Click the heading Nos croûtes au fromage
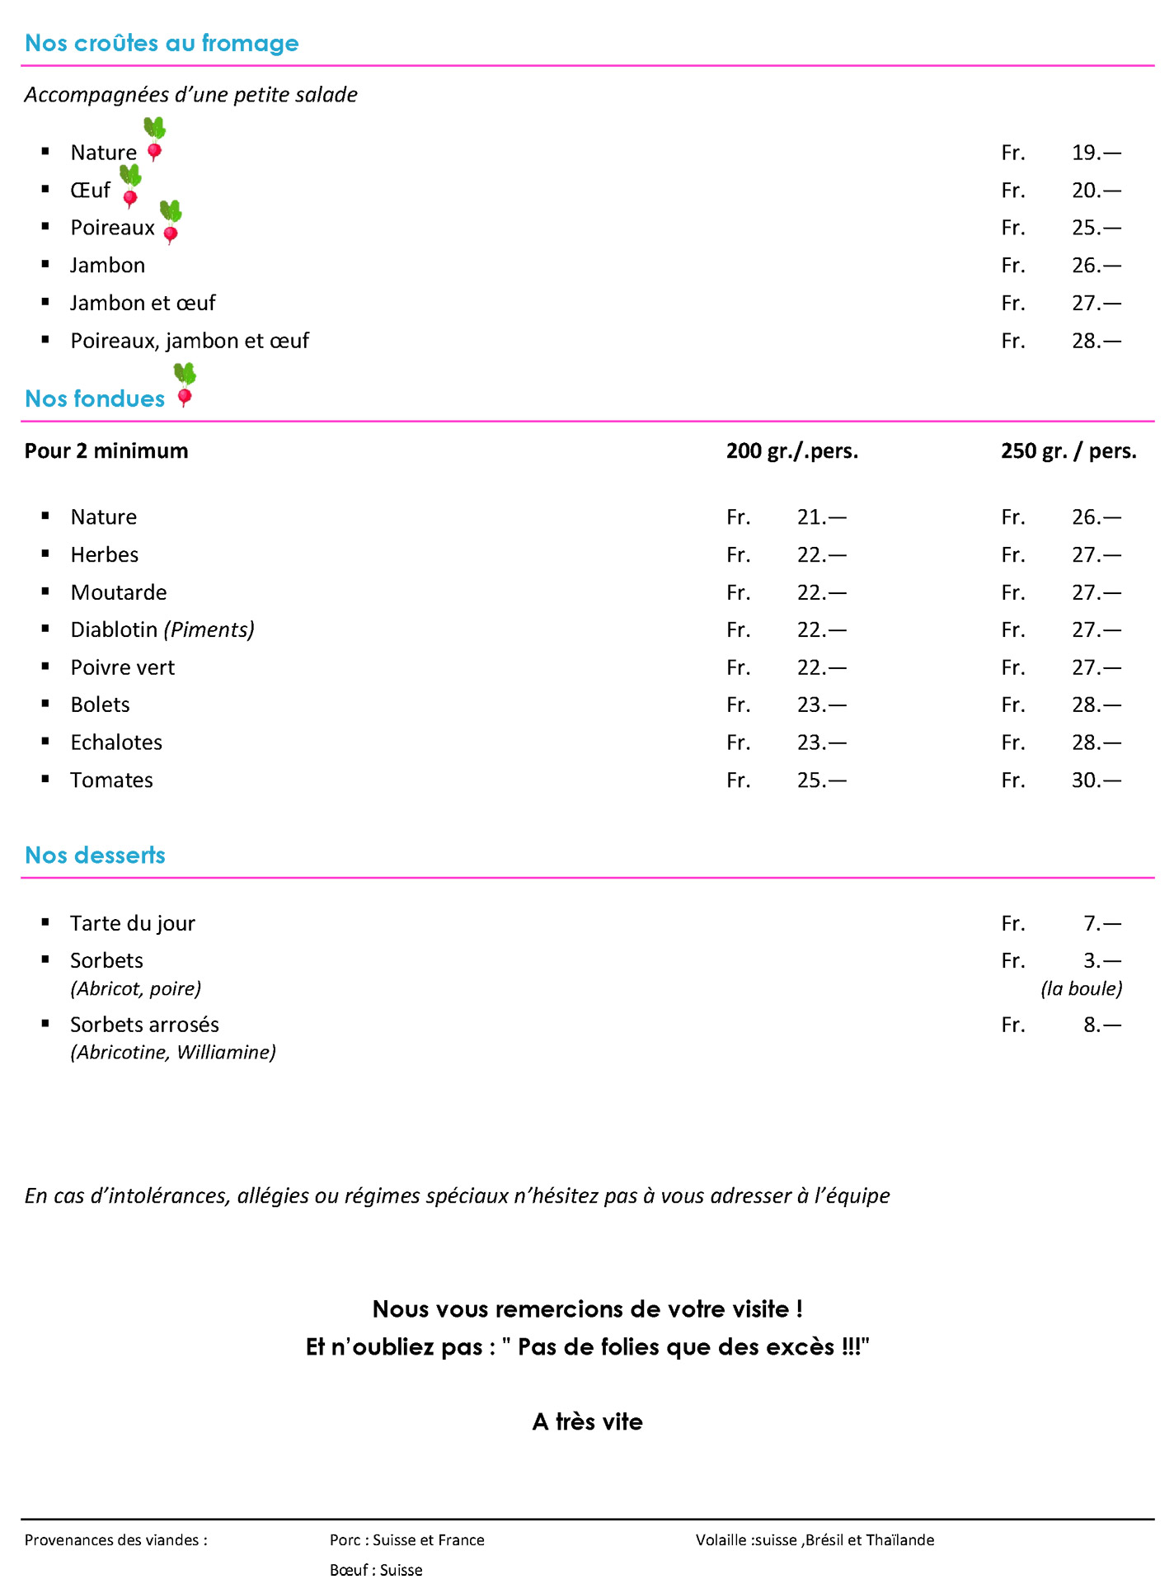tap(162, 43)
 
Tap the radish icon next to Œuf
tap(130, 186)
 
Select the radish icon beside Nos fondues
tap(185, 385)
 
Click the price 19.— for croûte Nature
tap(1096, 153)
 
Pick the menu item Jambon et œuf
tap(143, 303)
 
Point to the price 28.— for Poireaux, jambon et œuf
tap(1096, 341)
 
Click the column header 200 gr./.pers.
tap(791, 451)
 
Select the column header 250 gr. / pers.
tap(1068, 451)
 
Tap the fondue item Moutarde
tap(119, 592)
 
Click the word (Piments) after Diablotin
tap(209, 630)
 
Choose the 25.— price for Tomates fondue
tap(821, 780)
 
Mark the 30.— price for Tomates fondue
tap(1096, 780)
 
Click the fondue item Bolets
tap(101, 705)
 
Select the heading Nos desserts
tap(95, 856)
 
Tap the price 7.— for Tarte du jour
tap(1101, 923)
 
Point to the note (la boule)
tap(1081, 988)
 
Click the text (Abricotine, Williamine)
tap(173, 1053)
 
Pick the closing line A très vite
tap(587, 1422)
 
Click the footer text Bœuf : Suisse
tap(376, 1570)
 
